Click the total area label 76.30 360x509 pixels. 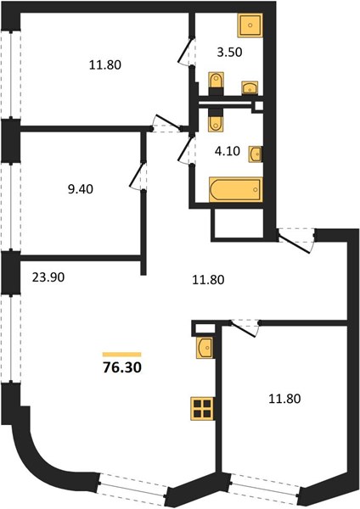(122, 367)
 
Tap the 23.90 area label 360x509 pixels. (48, 277)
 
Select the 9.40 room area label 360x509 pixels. (81, 189)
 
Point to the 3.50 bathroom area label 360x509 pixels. (230, 52)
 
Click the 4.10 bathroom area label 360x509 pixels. (228, 151)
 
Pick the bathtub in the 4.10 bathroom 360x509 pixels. (236, 189)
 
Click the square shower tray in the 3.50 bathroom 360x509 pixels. (250, 25)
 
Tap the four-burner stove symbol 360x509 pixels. (203, 409)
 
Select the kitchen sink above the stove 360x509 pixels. (205, 348)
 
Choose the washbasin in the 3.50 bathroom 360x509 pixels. (250, 87)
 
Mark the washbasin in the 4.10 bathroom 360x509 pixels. (256, 154)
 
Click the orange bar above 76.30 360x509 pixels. (122, 355)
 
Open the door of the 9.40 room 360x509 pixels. (138, 176)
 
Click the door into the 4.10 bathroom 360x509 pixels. (186, 149)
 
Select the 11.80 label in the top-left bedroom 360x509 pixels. (105, 65)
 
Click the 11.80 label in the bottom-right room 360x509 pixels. (284, 399)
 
